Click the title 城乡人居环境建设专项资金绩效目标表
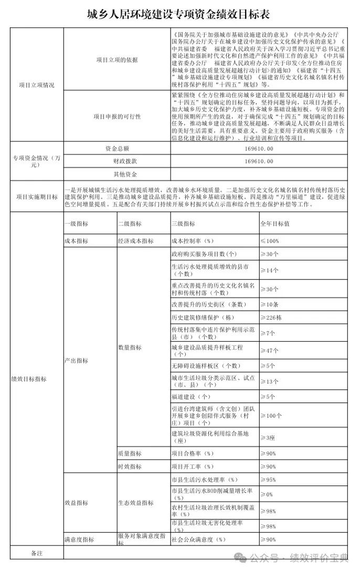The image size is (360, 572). (x=180, y=12)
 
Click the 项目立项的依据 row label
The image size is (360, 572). (x=117, y=60)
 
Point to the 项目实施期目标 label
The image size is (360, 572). (x=37, y=197)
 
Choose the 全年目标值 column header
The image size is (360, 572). (x=275, y=224)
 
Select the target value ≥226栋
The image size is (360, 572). (x=271, y=318)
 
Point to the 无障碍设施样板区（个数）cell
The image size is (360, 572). (x=206, y=366)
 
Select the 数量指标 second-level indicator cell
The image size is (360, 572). (x=130, y=348)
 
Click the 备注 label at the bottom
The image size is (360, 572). (x=37, y=553)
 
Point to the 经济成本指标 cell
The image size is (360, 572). (x=135, y=241)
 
